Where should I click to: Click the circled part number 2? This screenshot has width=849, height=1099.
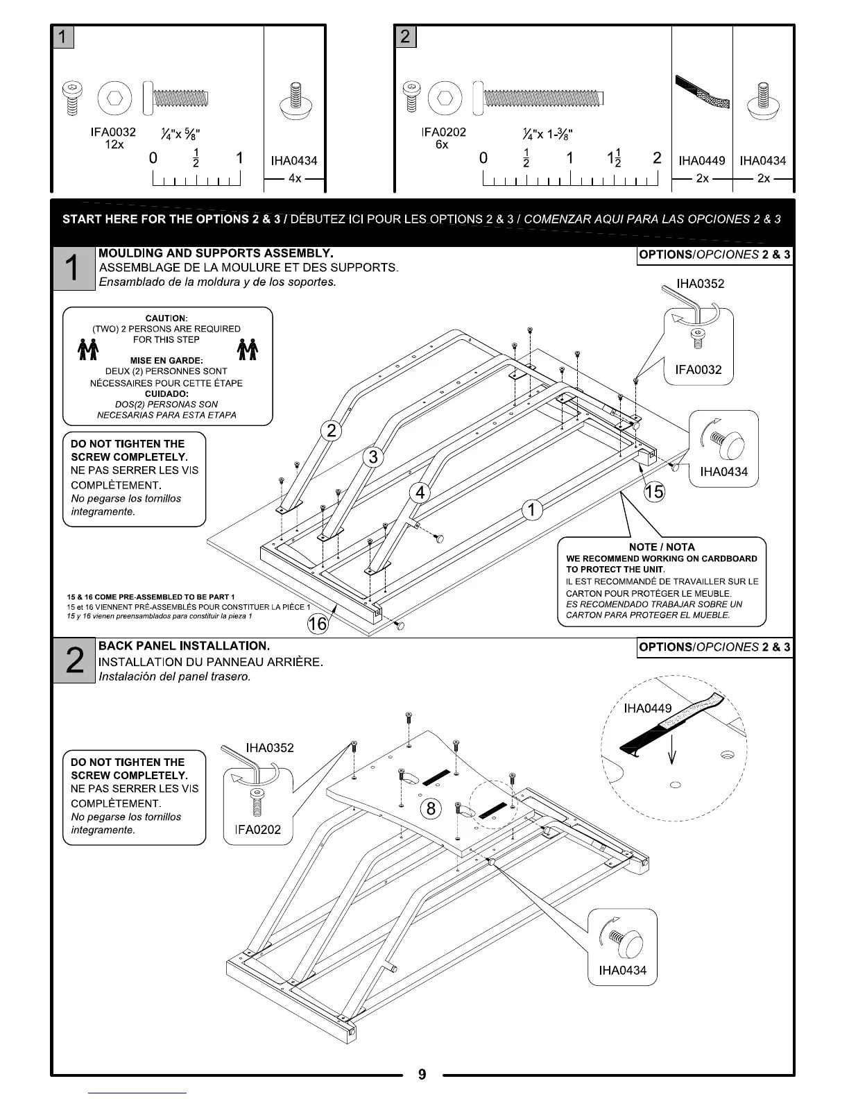(332, 431)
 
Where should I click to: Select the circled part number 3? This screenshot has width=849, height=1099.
(374, 457)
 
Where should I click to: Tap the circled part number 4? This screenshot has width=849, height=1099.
(420, 493)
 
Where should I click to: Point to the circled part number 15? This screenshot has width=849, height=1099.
(654, 492)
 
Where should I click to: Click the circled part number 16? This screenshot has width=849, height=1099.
(317, 624)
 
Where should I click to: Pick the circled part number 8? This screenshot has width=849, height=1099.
(431, 808)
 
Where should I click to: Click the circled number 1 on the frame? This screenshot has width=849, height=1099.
(531, 510)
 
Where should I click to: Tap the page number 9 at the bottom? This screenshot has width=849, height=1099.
(422, 1075)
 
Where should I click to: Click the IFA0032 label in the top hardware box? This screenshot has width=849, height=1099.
(114, 132)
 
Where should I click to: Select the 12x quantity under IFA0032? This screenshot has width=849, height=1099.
(114, 144)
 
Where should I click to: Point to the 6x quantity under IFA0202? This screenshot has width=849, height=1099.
(442, 144)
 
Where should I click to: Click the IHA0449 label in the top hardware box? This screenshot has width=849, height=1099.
(702, 161)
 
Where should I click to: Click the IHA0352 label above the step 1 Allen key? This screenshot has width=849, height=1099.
(701, 284)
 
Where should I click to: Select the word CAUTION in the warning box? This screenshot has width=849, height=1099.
(166, 318)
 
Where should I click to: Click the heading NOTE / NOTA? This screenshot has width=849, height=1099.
(662, 547)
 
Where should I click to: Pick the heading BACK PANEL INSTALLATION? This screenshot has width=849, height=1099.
(184, 646)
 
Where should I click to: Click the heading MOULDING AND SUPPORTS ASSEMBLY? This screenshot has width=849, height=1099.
(216, 253)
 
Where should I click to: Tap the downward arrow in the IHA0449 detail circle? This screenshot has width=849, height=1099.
(671, 751)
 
